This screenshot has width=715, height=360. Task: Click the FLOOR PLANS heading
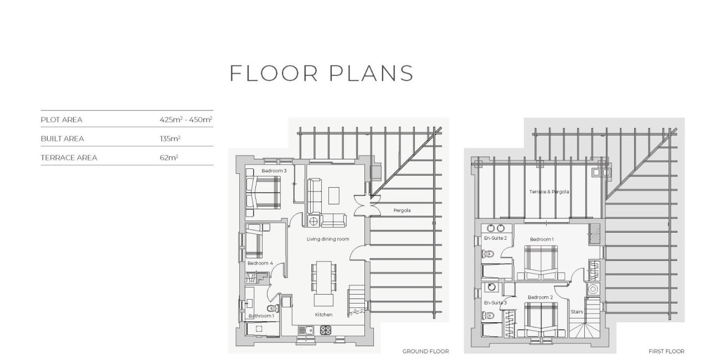321,74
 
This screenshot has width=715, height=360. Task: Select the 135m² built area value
170,138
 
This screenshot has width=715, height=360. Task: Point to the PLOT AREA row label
61,120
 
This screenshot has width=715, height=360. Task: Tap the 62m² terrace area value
169,158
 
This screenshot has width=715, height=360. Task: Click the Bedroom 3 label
274,171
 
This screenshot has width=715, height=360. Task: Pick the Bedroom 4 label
260,263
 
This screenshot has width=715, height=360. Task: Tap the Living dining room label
328,239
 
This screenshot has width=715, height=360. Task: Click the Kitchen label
323,315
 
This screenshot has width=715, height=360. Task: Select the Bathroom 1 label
261,316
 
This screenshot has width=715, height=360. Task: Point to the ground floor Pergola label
402,210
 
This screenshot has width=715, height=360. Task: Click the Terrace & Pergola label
549,192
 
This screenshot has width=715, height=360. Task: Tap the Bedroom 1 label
542,239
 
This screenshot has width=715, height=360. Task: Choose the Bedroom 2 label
540,297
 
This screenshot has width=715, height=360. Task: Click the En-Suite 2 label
495,238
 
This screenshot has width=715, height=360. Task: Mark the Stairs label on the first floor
577,312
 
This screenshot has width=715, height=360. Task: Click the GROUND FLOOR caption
425,351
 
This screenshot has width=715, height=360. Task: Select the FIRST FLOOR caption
666,351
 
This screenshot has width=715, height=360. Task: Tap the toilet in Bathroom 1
274,308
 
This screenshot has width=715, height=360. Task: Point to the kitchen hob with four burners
325,330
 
